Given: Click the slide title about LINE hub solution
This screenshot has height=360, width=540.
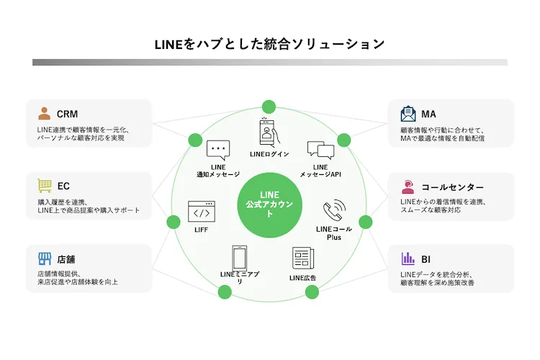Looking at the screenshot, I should pos(269,43).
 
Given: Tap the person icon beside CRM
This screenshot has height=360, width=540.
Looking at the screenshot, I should pos(45,113).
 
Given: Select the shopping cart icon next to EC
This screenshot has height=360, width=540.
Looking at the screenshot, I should pos(45,186).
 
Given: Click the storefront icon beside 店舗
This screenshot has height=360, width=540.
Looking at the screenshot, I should pos(45,258).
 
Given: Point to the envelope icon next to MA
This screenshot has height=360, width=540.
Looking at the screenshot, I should pos(409,113).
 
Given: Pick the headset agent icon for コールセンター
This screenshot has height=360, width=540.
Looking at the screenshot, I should pos(409,186).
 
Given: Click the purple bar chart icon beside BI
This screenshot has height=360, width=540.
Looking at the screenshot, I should pos(409,258).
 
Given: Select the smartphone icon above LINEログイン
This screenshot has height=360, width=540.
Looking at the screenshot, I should pos(269,132).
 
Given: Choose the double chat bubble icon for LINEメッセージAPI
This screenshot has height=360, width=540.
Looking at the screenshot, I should pos(320,150).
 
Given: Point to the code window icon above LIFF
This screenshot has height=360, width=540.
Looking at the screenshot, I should pos(201,211).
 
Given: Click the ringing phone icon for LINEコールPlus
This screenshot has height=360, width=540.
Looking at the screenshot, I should pos(333,210).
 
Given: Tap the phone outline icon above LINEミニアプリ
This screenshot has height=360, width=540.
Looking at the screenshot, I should pos(240,258).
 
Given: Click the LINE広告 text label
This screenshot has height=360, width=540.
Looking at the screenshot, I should pos(302,277).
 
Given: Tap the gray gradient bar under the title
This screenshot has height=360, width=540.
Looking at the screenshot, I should pos(269,63).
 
